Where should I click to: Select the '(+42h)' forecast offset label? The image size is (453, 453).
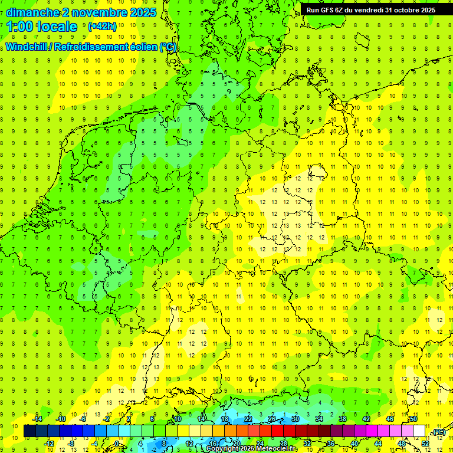coord(102,27)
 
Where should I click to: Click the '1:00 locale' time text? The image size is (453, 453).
coord(42,27)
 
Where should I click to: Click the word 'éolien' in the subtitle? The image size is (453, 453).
coord(139,47)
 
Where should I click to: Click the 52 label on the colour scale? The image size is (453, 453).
coord(425,444)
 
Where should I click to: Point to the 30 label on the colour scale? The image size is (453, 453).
coord(296,419)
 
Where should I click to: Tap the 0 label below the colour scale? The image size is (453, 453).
coord(117,444)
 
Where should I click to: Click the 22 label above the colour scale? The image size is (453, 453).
coord(248,419)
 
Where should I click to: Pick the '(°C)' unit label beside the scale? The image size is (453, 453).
coord(439,432)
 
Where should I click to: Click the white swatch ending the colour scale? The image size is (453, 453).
coord(419,431)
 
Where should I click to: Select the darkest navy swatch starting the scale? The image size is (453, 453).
coord(29,431)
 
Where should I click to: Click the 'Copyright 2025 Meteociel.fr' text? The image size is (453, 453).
coord(252,449)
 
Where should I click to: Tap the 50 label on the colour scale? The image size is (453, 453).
coord(413,419)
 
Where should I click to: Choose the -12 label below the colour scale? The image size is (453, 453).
coord(50,444)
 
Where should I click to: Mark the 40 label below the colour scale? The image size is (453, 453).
coord(354,444)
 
